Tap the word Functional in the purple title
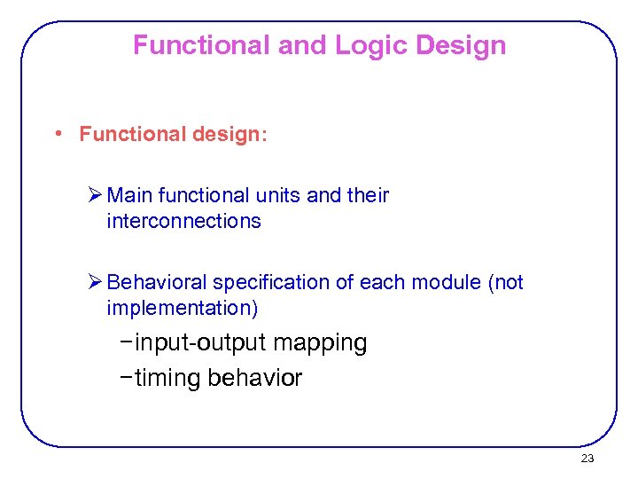[x=201, y=45]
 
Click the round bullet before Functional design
[x=58, y=134]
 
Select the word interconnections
[x=183, y=221]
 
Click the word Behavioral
[x=155, y=282]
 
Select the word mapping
[x=321, y=342]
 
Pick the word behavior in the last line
[x=255, y=378]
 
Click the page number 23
[x=587, y=459]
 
